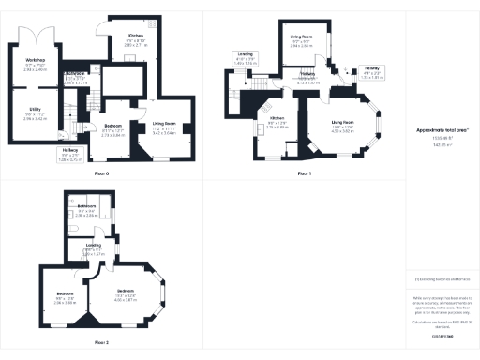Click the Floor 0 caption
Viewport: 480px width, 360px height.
pos(101,174)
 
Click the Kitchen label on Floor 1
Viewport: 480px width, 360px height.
pos(277,122)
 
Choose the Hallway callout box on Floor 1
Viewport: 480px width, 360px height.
pos(372,67)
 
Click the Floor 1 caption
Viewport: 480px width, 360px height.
pos(304,174)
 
